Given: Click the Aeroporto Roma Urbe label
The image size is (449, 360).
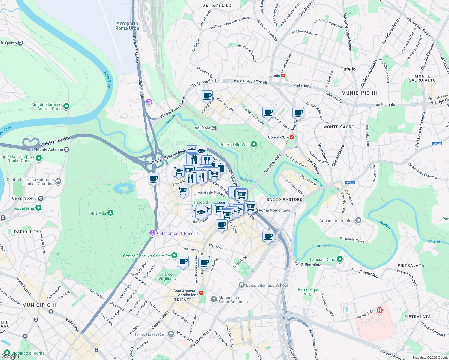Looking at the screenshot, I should tap(127, 26).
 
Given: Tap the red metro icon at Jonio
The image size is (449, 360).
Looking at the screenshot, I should tap(283, 76).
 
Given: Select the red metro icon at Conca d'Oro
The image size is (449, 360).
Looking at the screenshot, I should tap(292, 137).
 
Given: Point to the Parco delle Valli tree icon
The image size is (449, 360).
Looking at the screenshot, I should tap(254, 144).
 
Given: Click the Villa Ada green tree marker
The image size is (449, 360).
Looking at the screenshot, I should tap(110, 213).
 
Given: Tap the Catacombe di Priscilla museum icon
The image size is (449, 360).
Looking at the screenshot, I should tap(152, 233).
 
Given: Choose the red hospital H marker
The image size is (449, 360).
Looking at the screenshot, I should tap(380, 310).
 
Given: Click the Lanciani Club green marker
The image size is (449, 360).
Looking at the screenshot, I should tap(339, 259).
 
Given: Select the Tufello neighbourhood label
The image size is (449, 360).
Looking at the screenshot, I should tap(348, 69).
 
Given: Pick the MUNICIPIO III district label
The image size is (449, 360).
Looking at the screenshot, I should tap(359, 93).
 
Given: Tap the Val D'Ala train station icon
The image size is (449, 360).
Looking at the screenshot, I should tap(214, 128).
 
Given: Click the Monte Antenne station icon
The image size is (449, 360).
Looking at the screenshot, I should tap(67, 149).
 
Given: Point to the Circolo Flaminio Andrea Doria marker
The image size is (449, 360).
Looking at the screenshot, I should tap(66, 106).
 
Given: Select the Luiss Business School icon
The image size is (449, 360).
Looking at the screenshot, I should tap(242, 285).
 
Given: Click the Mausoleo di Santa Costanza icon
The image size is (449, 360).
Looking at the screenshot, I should tap(214, 299).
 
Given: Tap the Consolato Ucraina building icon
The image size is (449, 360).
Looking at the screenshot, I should tap(358, 221).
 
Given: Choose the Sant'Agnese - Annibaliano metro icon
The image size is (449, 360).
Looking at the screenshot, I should tap(201, 292).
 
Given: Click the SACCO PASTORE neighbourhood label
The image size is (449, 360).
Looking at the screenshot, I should tap(284, 199).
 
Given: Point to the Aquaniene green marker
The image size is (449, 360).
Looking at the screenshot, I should tap(38, 208).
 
